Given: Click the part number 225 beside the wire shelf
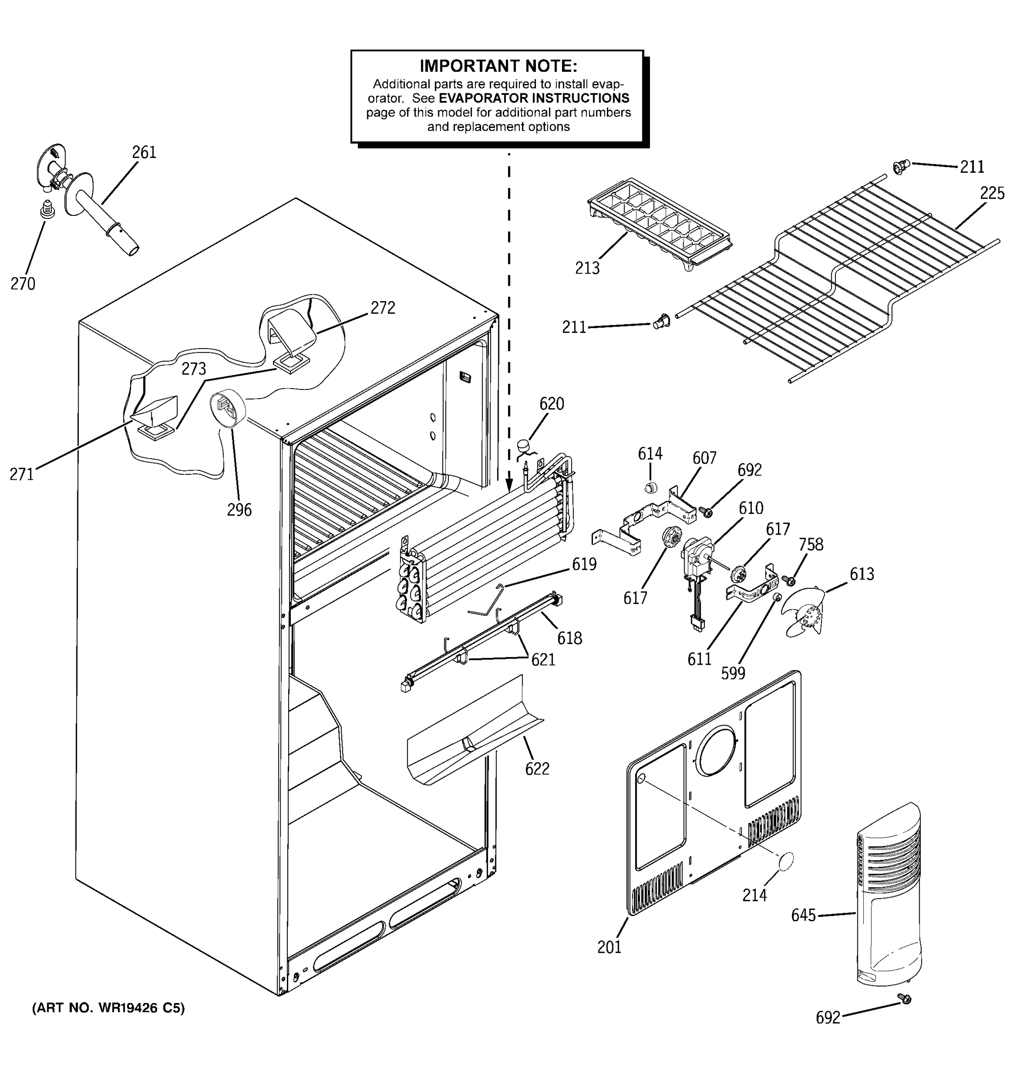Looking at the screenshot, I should coord(992,193).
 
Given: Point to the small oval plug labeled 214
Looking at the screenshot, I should coord(786,862).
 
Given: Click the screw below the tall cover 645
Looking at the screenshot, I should coord(904,998).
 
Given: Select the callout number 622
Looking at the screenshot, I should coord(537,769).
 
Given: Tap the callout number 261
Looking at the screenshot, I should coord(144,153).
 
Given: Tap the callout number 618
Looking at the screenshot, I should coord(570,638).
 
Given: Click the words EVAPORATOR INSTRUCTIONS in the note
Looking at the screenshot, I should coord(534,99).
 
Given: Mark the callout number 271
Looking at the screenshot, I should coord(22,475).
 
